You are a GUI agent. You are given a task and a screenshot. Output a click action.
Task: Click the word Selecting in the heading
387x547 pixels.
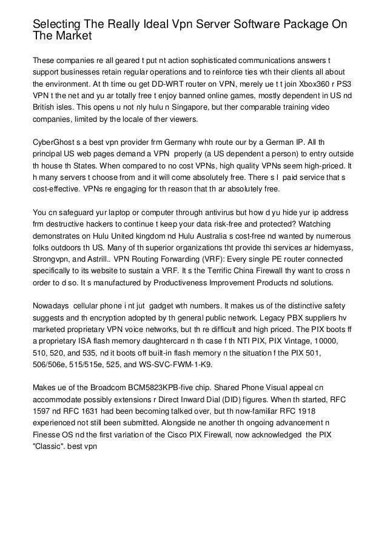(58, 25)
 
